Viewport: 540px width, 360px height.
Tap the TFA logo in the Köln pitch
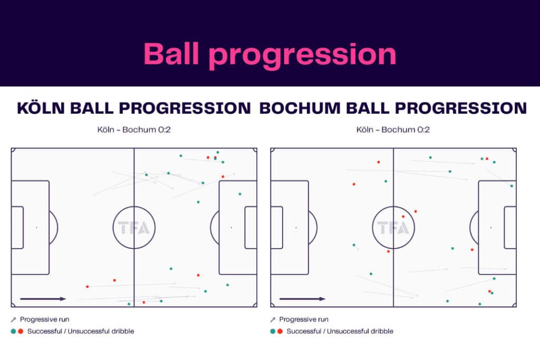134,228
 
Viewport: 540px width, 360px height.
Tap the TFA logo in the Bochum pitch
393,228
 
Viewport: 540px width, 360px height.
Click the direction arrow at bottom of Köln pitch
43,299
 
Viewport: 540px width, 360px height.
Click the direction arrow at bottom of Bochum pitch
303,299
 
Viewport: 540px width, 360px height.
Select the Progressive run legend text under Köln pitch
44,319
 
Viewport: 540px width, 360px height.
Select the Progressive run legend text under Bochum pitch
304,319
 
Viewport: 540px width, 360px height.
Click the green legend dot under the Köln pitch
13,331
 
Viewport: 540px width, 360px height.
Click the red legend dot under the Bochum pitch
279,331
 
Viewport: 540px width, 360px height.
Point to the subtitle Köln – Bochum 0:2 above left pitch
134,129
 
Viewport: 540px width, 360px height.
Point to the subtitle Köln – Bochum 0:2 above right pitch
393,129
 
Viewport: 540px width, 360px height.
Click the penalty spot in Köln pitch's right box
231,228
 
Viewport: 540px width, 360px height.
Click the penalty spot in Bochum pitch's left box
296,228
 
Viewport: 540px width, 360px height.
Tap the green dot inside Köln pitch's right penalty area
240,194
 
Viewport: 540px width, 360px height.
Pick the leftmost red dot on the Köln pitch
88,286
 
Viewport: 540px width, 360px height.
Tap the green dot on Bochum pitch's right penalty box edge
511,186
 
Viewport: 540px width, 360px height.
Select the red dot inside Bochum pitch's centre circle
403,216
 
